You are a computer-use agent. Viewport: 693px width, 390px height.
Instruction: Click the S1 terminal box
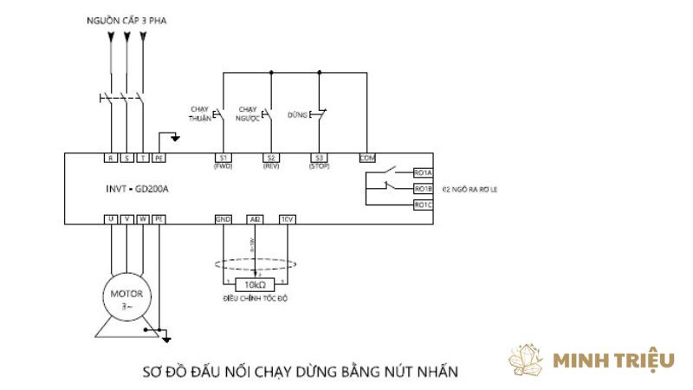[x=223, y=158]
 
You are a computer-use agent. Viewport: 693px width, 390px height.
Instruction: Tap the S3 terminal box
[x=319, y=158]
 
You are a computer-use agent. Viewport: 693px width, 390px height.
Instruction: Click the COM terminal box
[x=367, y=158]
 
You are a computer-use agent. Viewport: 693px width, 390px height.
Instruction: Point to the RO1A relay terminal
[x=423, y=172]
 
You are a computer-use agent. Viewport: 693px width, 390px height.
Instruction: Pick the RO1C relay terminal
[x=423, y=205]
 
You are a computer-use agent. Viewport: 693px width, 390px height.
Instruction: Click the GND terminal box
[x=223, y=220]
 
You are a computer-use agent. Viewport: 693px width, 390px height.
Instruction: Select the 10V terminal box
[x=288, y=220]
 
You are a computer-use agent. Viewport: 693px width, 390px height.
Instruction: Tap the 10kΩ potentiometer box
[x=255, y=284]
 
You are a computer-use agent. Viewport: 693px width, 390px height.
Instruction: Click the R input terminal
[x=111, y=159]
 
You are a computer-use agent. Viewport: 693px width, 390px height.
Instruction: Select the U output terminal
[x=111, y=220]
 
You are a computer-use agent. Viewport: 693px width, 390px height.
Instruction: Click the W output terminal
[x=143, y=220]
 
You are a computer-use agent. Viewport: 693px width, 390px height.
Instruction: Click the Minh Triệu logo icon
[x=525, y=360]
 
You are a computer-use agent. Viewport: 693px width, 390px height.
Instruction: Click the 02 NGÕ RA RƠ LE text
[x=470, y=188]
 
